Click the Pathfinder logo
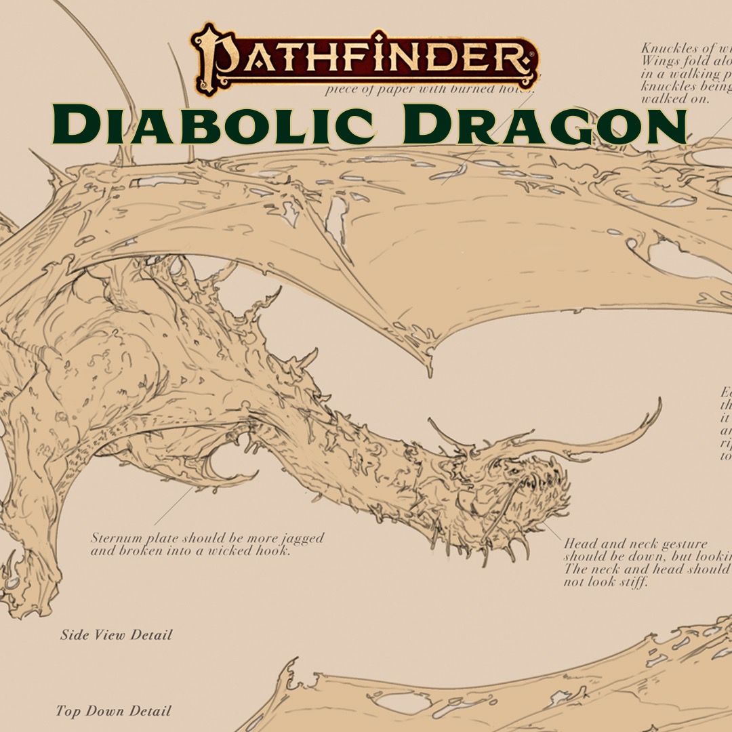point(365,60)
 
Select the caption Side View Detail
point(116,635)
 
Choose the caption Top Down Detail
point(113,711)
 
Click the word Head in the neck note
point(580,544)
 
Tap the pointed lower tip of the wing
point(429,369)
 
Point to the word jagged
point(299,539)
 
